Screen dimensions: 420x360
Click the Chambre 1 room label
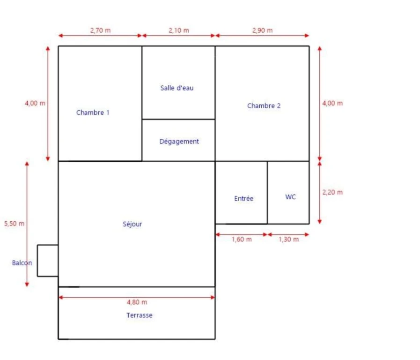[x=93, y=112]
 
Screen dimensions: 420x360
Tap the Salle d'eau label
[x=177, y=88]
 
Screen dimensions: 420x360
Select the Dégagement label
[x=179, y=142]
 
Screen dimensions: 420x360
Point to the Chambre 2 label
[x=264, y=106]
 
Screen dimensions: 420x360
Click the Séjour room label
[x=133, y=224]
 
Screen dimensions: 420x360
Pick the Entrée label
[x=244, y=198]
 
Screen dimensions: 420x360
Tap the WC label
[x=291, y=197]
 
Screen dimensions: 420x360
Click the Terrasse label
[x=139, y=315]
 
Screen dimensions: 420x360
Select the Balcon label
[x=22, y=263]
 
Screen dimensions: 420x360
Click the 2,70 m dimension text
[x=101, y=30]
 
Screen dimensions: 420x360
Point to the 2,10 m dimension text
[x=179, y=30]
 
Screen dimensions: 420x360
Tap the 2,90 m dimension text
[x=262, y=30]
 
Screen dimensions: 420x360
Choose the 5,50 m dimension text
[x=14, y=224]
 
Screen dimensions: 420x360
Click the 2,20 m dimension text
[x=332, y=192]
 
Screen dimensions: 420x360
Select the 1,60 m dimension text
[x=242, y=240]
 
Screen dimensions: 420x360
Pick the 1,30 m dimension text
[x=288, y=240]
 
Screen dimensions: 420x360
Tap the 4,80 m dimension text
[x=137, y=302]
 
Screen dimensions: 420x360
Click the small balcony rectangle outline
[x=37, y=261]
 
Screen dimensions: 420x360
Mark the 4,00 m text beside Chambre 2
[x=332, y=103]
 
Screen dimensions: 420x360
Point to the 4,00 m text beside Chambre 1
[x=35, y=103]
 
